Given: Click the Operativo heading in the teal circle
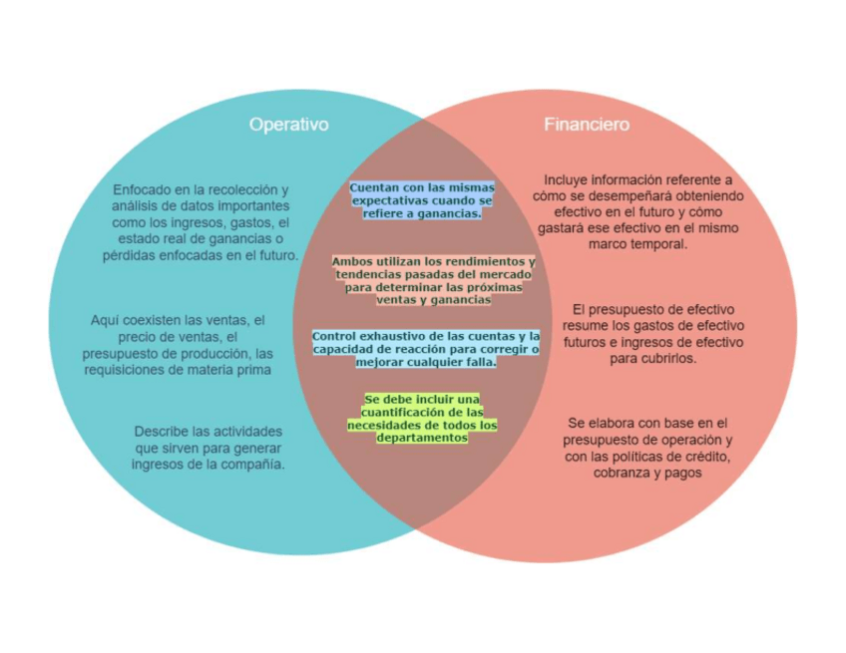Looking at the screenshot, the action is [288, 125].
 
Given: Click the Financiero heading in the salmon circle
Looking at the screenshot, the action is [587, 125].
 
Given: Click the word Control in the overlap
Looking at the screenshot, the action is [334, 337].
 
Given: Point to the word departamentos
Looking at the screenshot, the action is [422, 438].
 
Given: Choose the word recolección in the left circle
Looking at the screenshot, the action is [243, 189].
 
